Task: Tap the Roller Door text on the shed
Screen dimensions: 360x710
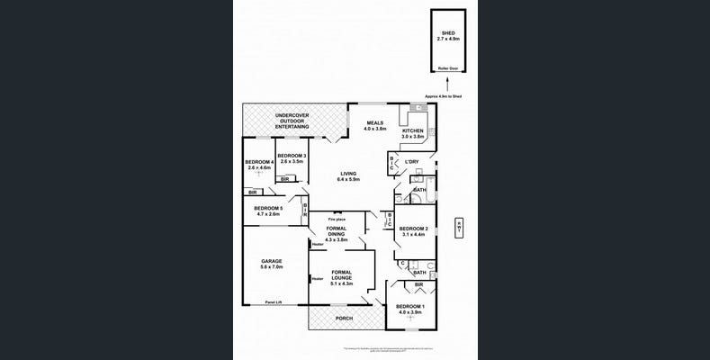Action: tap(446, 68)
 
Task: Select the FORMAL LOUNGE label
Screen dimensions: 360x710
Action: tap(342, 275)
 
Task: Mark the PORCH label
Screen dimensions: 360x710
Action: tap(344, 319)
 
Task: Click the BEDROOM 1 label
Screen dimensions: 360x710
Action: tap(409, 310)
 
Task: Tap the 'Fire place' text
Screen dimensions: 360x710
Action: tap(337, 217)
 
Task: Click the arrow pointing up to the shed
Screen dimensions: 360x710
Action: tap(446, 84)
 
